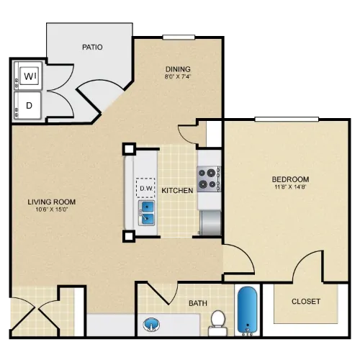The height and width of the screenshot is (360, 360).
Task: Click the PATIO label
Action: pyautogui.click(x=92, y=47)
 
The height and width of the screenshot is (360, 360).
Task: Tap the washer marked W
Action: pyautogui.click(x=28, y=76)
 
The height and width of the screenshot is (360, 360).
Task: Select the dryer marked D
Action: pyautogui.click(x=28, y=106)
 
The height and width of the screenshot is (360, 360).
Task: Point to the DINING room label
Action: pyautogui.click(x=178, y=69)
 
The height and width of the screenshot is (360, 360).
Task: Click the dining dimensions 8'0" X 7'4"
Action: pyautogui.click(x=178, y=77)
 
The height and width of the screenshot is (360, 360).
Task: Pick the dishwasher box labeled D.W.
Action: pyautogui.click(x=145, y=188)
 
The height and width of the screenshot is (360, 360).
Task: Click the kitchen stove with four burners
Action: pyautogui.click(x=209, y=179)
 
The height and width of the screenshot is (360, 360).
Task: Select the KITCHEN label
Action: pyautogui.click(x=177, y=191)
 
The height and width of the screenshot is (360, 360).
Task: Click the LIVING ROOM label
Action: pyautogui.click(x=52, y=202)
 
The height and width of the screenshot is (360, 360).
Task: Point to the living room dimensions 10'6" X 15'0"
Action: pyautogui.click(x=52, y=210)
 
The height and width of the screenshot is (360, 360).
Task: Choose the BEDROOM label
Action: pyautogui.click(x=290, y=179)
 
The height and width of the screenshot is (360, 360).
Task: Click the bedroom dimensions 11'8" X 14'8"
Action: pyautogui.click(x=290, y=187)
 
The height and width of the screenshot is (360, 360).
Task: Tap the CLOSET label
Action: pyautogui.click(x=306, y=301)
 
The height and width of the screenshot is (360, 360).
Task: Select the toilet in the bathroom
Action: pyautogui.click(x=217, y=323)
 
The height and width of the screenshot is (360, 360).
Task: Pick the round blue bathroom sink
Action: pyautogui.click(x=151, y=325)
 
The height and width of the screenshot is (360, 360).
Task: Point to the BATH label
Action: pyautogui.click(x=198, y=303)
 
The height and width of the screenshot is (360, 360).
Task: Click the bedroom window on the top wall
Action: pyautogui.click(x=287, y=120)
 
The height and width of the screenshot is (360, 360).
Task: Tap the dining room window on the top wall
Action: pyautogui.click(x=179, y=37)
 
